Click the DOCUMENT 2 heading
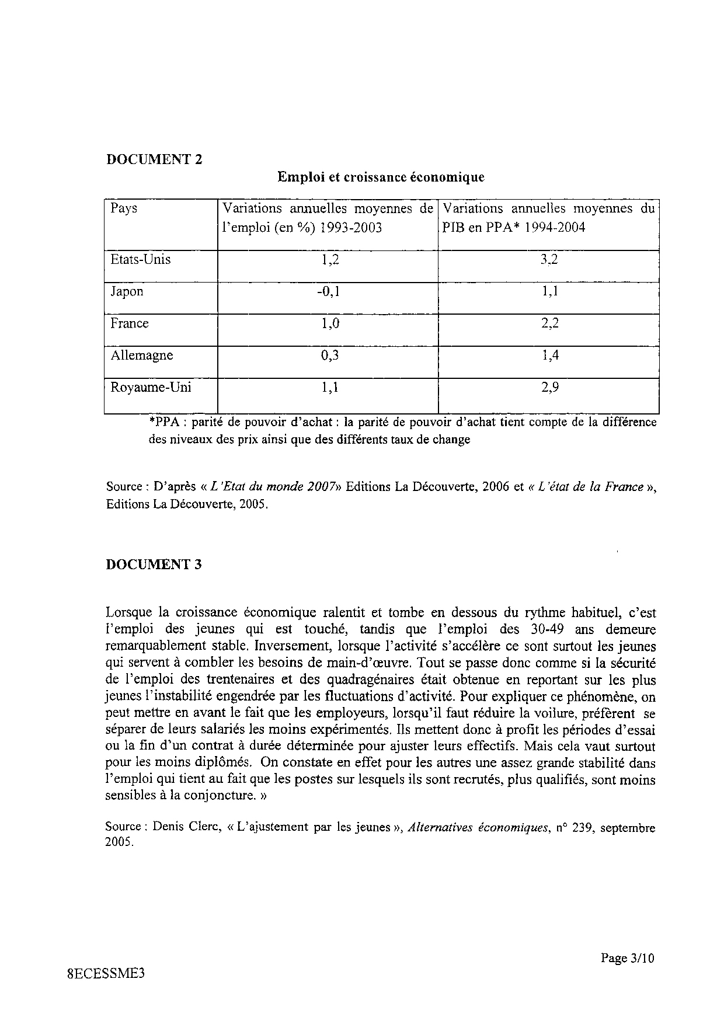click(154, 159)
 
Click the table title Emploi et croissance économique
click(381, 176)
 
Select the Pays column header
click(124, 208)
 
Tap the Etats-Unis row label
click(140, 259)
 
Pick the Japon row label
click(127, 291)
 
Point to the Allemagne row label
click(141, 355)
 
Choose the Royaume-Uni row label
click(151, 387)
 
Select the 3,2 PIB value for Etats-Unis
click(549, 260)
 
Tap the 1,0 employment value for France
click(330, 323)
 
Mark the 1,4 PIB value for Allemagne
click(549, 355)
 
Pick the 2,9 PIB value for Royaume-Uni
click(549, 387)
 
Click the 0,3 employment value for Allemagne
click(330, 355)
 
